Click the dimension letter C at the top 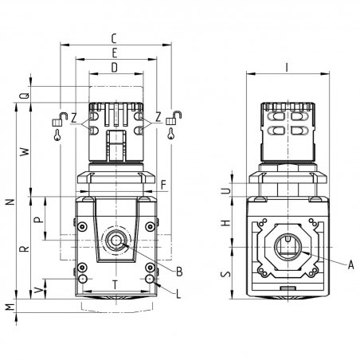(x=114, y=39)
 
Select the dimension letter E (x=115, y=53)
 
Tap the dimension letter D (x=114, y=68)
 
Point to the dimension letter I (x=287, y=68)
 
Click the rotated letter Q (x=25, y=96)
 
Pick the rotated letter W (x=25, y=152)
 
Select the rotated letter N (x=10, y=202)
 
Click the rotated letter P (x=39, y=220)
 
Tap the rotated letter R (x=25, y=248)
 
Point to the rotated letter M (x=10, y=307)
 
